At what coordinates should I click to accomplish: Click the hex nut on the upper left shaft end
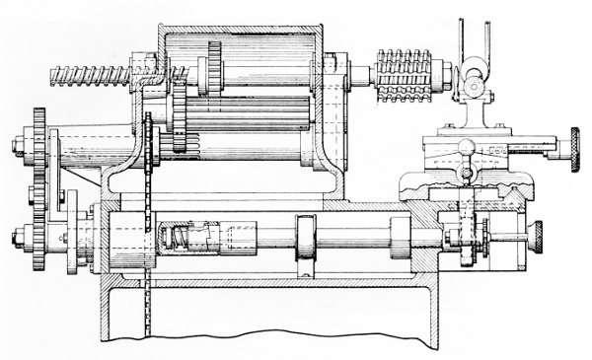click(19, 147)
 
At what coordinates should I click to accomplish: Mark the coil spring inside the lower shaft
click(177, 238)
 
